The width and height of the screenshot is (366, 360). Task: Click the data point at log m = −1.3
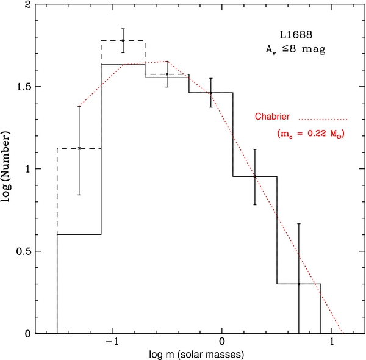[x=79, y=148]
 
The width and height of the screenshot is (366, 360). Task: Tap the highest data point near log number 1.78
[x=123, y=41]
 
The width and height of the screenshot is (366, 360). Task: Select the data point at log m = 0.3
[x=255, y=177]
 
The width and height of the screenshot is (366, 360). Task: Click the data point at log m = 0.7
[x=299, y=284]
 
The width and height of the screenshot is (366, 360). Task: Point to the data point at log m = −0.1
[x=211, y=93]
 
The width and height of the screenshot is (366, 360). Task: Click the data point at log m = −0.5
[x=167, y=74]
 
